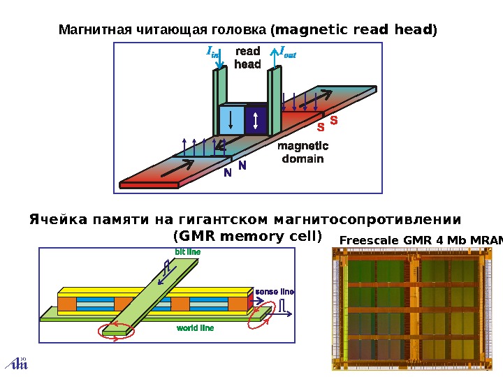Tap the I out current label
pyautogui.click(x=287, y=51)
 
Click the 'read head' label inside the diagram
pyautogui.click(x=247, y=58)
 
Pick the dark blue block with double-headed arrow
pyautogui.click(x=256, y=119)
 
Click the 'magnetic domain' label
pyautogui.click(x=302, y=153)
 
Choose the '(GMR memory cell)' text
pyautogui.click(x=247, y=235)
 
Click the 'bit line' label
pyautogui.click(x=187, y=251)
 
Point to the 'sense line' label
pyautogui.click(x=275, y=291)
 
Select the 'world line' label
pyautogui.click(x=195, y=327)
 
